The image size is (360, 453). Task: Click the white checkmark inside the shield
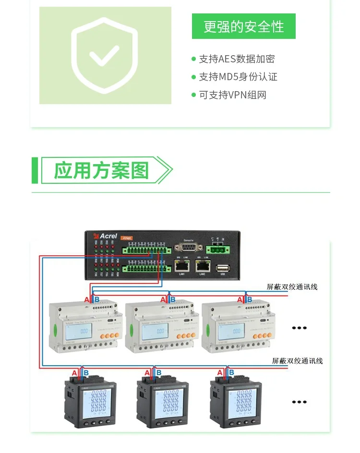pyautogui.click(x=104, y=56)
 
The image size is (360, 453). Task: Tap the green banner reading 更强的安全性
pyautogui.click(x=243, y=26)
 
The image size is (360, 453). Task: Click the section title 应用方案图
pyautogui.click(x=101, y=170)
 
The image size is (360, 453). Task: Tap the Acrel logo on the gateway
pyautogui.click(x=105, y=236)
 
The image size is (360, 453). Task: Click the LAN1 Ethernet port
pyautogui.click(x=182, y=265)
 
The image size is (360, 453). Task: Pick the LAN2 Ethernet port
pyautogui.click(x=203, y=265)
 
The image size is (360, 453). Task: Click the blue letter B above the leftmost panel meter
pyautogui.click(x=86, y=372)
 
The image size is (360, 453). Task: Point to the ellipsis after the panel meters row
pyautogui.click(x=299, y=402)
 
